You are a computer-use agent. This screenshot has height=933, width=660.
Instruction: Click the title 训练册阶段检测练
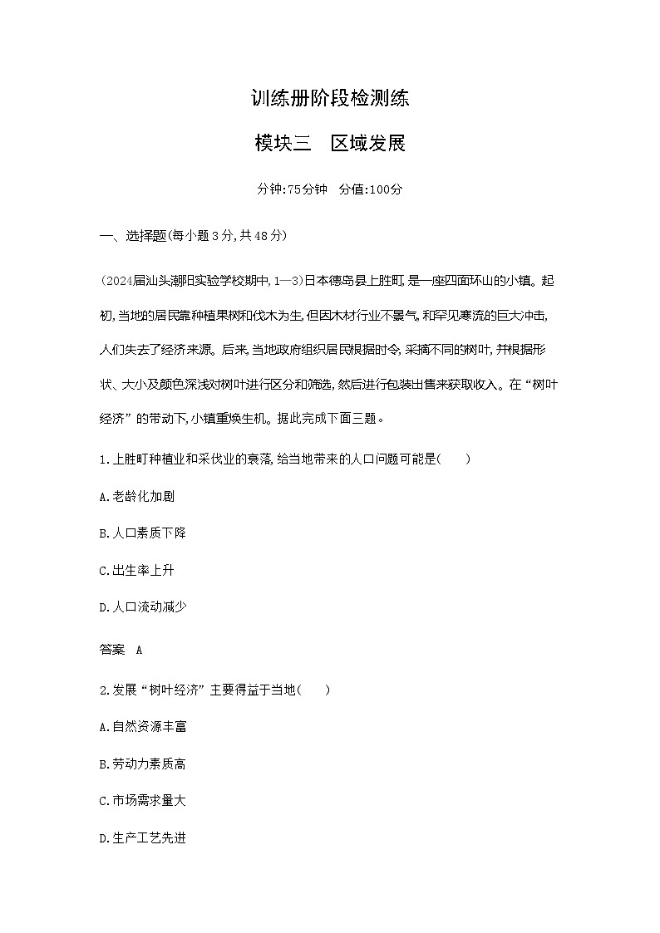tap(330, 99)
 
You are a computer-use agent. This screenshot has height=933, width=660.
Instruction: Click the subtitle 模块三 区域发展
tap(330, 143)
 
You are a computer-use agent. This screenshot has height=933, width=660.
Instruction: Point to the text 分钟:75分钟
tap(288, 189)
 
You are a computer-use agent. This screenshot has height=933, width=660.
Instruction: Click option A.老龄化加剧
tap(136, 496)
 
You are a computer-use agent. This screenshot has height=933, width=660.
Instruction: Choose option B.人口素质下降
tap(142, 533)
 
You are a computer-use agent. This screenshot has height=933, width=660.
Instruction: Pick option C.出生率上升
tap(136, 570)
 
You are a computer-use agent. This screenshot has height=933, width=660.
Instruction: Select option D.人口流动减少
tap(142, 607)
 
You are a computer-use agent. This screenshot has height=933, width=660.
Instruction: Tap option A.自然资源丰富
tap(142, 726)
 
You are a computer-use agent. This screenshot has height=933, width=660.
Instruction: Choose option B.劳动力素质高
tap(142, 764)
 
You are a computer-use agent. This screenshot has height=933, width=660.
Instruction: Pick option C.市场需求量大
tap(142, 801)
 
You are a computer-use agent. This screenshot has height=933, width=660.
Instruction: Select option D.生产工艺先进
tap(142, 838)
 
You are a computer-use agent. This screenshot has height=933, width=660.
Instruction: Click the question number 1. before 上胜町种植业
tap(104, 459)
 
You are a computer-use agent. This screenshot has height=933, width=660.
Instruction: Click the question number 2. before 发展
tap(104, 690)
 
